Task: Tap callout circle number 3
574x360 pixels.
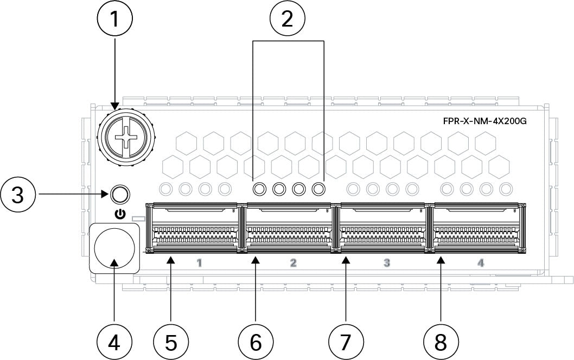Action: [x=19, y=192]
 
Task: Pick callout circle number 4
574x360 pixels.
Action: [x=115, y=341]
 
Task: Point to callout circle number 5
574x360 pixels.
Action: [x=171, y=341]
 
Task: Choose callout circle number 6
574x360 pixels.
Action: [x=256, y=341]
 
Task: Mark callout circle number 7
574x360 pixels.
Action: [x=347, y=341]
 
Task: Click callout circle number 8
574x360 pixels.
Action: [x=441, y=341]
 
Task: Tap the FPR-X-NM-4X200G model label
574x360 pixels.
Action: [x=484, y=121]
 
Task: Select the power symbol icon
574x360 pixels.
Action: [x=120, y=214]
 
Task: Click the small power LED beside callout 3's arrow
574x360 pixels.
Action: [x=120, y=193]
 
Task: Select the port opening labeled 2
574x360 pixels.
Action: [x=288, y=228]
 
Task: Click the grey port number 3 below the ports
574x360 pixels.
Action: [x=387, y=263]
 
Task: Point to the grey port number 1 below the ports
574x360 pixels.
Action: [x=199, y=263]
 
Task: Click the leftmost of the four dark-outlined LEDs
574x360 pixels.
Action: [x=259, y=189]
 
